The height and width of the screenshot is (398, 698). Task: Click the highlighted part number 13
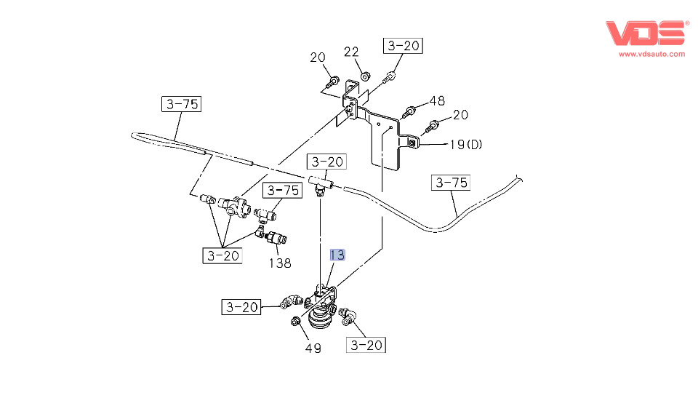point(337,255)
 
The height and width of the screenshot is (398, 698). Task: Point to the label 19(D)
point(465,145)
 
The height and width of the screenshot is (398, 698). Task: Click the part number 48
point(437,100)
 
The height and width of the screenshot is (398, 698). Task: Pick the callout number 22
point(352,52)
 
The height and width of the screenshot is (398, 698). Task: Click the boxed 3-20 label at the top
point(404,46)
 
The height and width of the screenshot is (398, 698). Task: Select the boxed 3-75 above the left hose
point(180,104)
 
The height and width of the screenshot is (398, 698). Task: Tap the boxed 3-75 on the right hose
point(452,183)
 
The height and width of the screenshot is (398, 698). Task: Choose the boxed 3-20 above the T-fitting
point(326,162)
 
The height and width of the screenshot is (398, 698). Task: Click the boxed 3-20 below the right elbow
point(366,345)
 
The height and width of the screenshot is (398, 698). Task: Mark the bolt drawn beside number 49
point(296,322)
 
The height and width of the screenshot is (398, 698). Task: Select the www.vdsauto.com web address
point(651,54)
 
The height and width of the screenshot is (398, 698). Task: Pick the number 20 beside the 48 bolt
point(460,114)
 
